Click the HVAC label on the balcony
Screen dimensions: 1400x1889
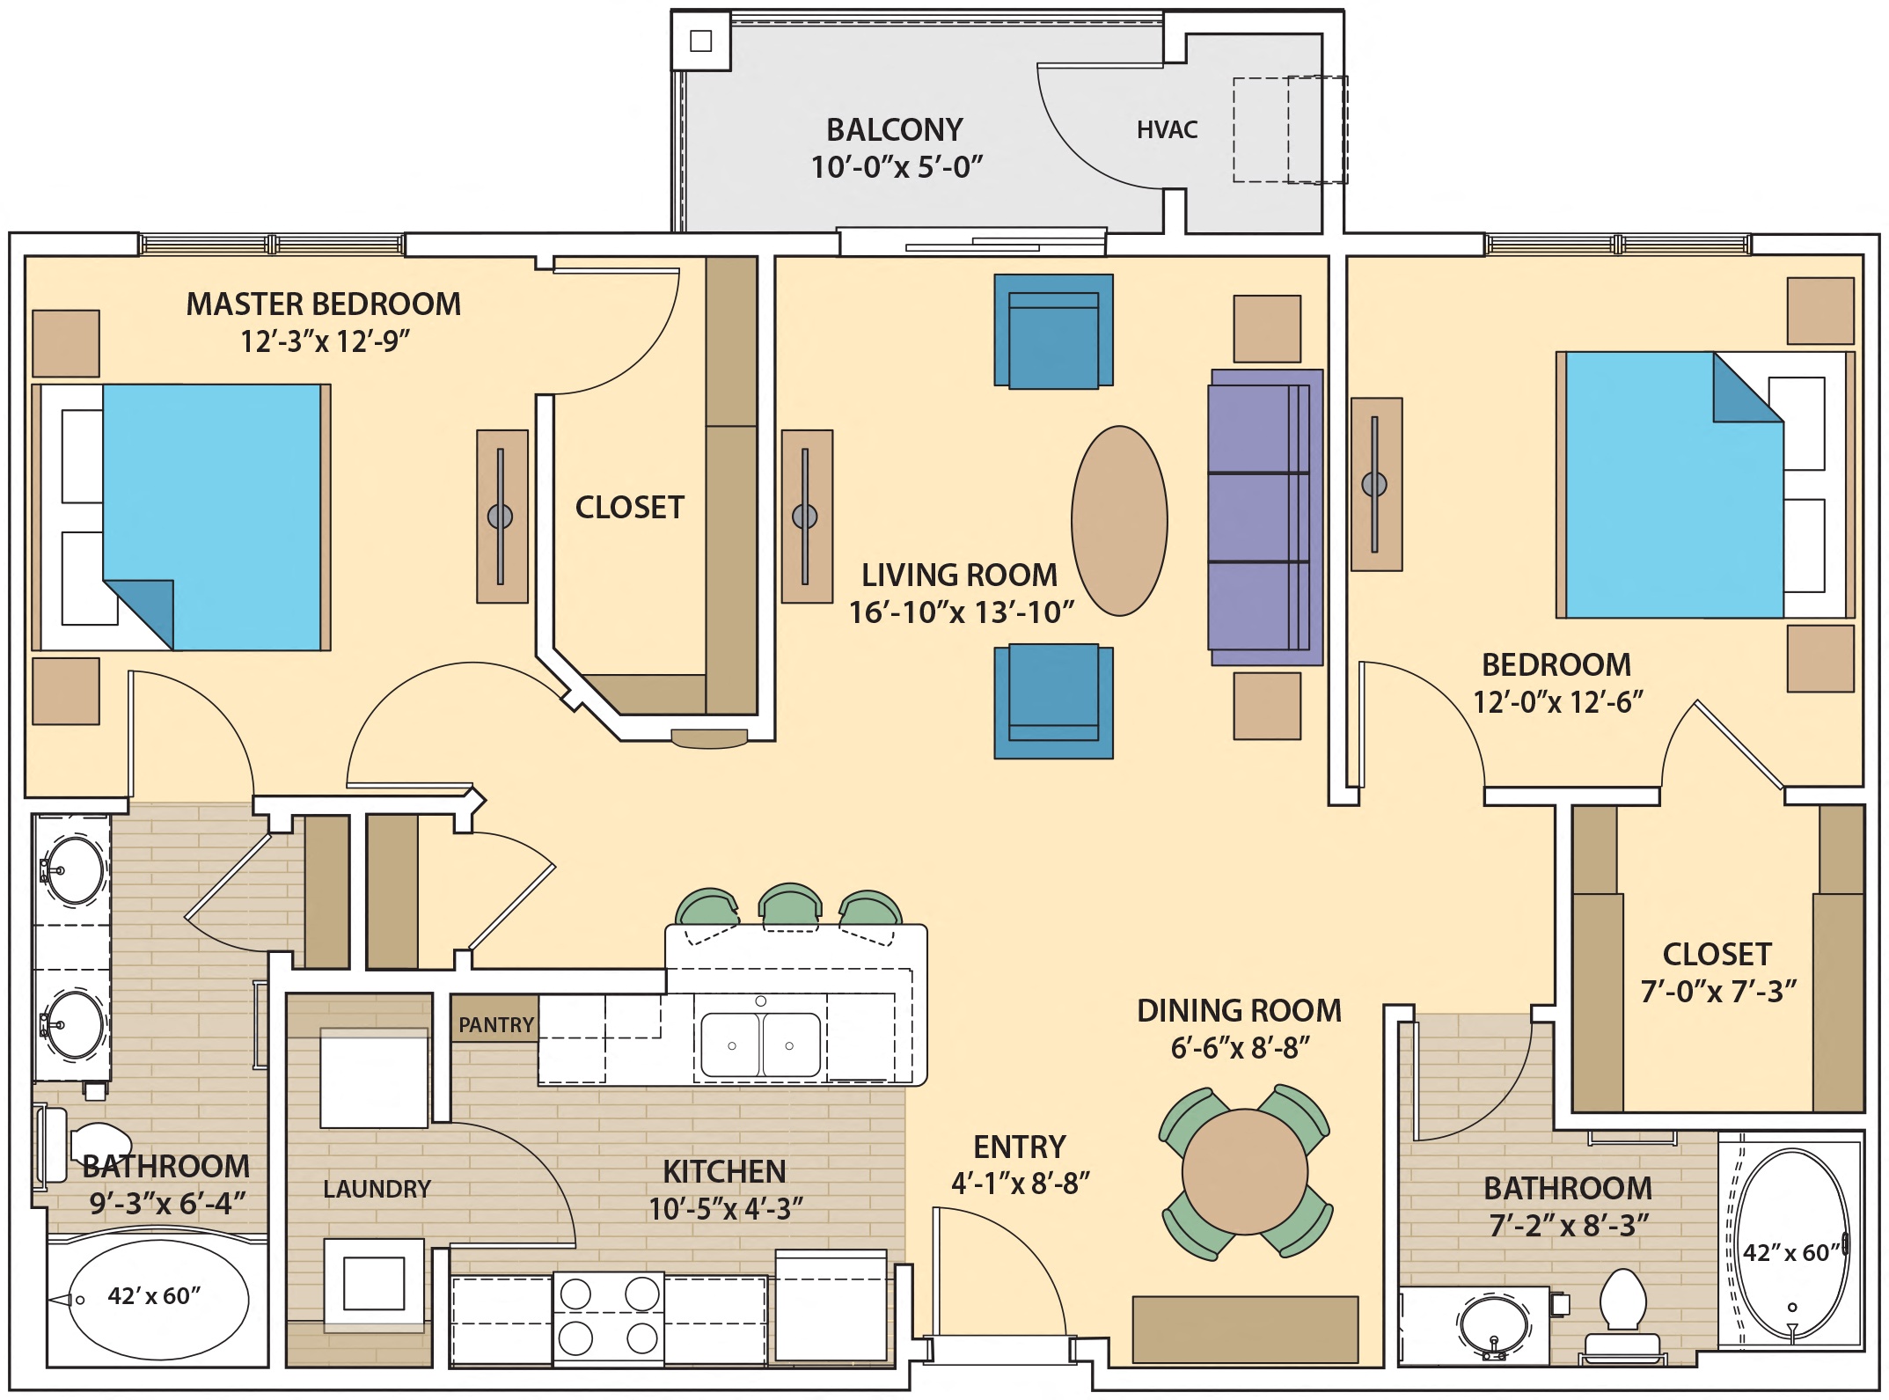pyautogui.click(x=1167, y=130)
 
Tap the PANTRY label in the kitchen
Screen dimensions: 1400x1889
pyautogui.click(x=495, y=1024)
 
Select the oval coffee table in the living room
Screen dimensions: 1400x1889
pyautogui.click(x=1119, y=521)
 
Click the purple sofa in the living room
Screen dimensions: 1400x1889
pyautogui.click(x=1264, y=517)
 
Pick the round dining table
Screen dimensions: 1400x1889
pyautogui.click(x=1244, y=1172)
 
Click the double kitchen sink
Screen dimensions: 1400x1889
pyautogui.click(x=760, y=1045)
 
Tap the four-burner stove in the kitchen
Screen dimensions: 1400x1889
pyautogui.click(x=608, y=1316)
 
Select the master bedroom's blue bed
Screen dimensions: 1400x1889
pyautogui.click(x=211, y=517)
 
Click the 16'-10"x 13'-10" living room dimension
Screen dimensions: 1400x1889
pyautogui.click(x=961, y=612)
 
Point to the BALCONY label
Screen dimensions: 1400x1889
pyautogui.click(x=894, y=130)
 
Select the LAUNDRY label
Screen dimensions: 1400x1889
pyautogui.click(x=377, y=1189)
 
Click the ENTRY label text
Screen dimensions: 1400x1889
pyautogui.click(x=1019, y=1147)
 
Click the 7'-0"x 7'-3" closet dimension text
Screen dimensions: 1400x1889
pyautogui.click(x=1717, y=992)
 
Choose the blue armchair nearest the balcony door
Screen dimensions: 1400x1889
pyautogui.click(x=1053, y=331)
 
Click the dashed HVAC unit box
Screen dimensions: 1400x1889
pyautogui.click(x=1289, y=130)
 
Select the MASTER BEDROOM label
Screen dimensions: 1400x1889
pyautogui.click(x=323, y=304)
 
